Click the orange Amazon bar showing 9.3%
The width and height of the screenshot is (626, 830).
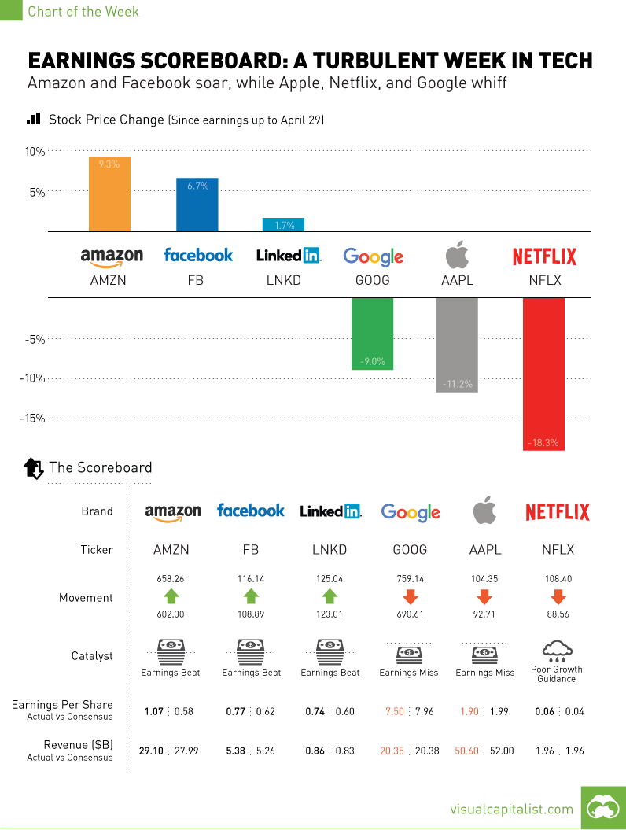(109, 194)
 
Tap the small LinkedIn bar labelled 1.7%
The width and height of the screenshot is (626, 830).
(283, 224)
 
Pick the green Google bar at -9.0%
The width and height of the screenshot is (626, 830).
(372, 334)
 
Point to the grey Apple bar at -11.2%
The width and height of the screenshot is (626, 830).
(457, 345)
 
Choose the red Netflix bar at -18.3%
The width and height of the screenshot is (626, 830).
(543, 374)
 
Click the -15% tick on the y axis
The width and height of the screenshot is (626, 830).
(32, 419)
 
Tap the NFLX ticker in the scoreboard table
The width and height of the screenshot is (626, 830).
(557, 550)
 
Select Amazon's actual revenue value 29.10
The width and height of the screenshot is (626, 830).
(152, 751)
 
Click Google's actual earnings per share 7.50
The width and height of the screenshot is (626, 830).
(394, 711)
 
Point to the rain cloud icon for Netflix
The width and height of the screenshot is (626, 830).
(557, 650)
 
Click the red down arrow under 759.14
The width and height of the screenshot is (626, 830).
(410, 596)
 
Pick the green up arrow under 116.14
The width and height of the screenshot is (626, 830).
(251, 596)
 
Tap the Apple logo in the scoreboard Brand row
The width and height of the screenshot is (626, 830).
(484, 511)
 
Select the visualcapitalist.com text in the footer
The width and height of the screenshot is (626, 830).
(511, 809)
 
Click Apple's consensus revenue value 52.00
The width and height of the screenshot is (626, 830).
(502, 751)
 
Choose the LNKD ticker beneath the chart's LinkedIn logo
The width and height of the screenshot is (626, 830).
(283, 279)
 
